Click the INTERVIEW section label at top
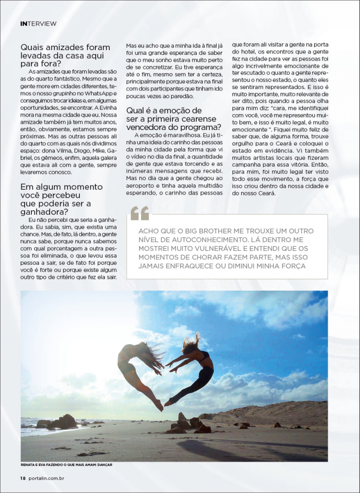(39, 23)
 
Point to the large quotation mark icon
(140, 212)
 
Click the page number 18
(23, 478)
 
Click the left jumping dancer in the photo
(137, 368)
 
